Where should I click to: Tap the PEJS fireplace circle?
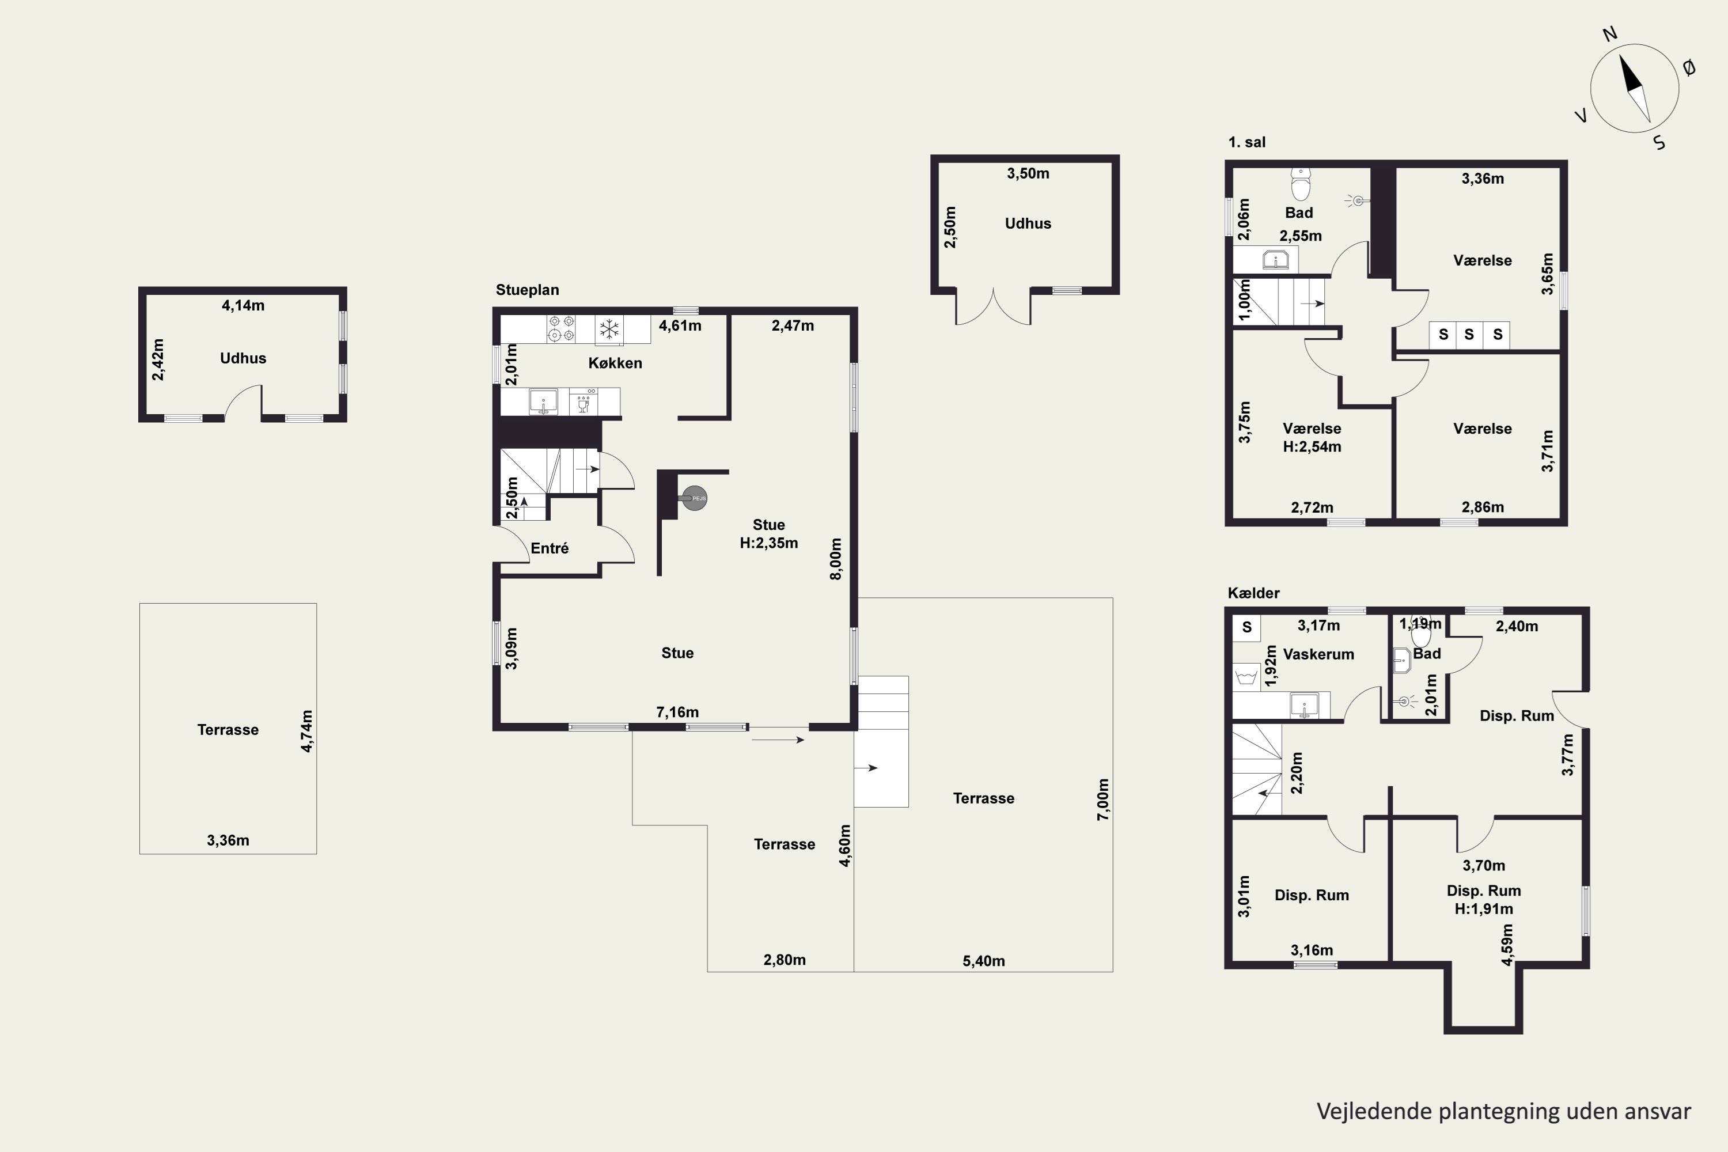tap(694, 498)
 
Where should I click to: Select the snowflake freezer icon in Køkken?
tap(609, 328)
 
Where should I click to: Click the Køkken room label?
tap(615, 363)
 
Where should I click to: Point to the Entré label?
tap(550, 548)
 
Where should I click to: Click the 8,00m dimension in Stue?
tap(835, 559)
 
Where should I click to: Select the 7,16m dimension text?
tap(677, 712)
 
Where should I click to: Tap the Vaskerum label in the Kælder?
tap(1319, 654)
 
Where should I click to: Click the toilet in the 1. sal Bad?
tap(1301, 184)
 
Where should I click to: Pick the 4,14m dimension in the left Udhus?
tap(243, 305)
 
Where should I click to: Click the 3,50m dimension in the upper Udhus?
tap(1028, 173)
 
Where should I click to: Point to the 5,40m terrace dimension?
tap(984, 961)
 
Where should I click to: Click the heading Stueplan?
tap(528, 290)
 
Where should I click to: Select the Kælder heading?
tap(1253, 593)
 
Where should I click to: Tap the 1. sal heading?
tap(1247, 142)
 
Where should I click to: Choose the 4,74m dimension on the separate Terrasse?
tap(306, 731)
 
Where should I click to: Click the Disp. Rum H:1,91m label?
tap(1483, 899)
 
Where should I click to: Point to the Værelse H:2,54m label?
tap(1312, 437)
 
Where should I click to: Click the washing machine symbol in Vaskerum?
tap(1246, 675)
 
